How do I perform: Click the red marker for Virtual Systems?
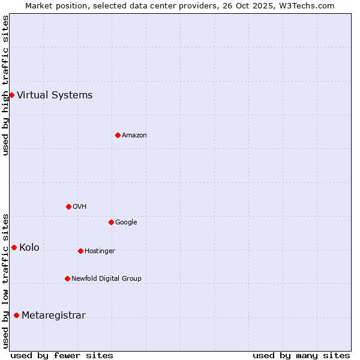11,95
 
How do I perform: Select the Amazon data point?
118,135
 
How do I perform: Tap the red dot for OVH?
68,206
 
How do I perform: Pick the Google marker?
111,222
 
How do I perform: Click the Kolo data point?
14,247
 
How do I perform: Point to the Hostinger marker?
80,251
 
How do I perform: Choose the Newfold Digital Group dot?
67,278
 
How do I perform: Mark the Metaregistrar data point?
16,315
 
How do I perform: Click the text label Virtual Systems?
55,95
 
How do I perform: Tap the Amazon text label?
134,135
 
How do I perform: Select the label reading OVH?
80,206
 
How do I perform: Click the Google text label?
126,222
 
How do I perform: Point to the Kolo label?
29,247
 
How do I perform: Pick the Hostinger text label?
100,251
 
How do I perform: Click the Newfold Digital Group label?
106,278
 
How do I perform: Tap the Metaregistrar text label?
53,315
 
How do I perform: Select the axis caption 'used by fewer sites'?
62,355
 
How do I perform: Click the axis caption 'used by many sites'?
301,355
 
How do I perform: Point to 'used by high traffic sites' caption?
5,85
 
